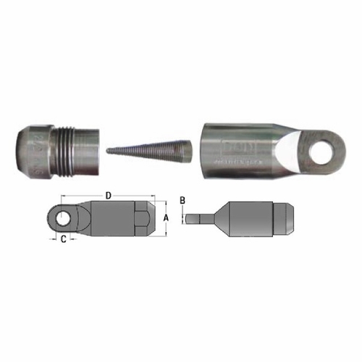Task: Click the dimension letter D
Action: [x=109, y=195]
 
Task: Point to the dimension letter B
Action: [x=184, y=200]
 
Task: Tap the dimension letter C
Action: [x=64, y=239]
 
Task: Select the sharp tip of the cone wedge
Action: [x=109, y=151]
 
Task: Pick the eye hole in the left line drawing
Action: [x=64, y=216]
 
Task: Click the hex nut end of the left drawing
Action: [x=144, y=217]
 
